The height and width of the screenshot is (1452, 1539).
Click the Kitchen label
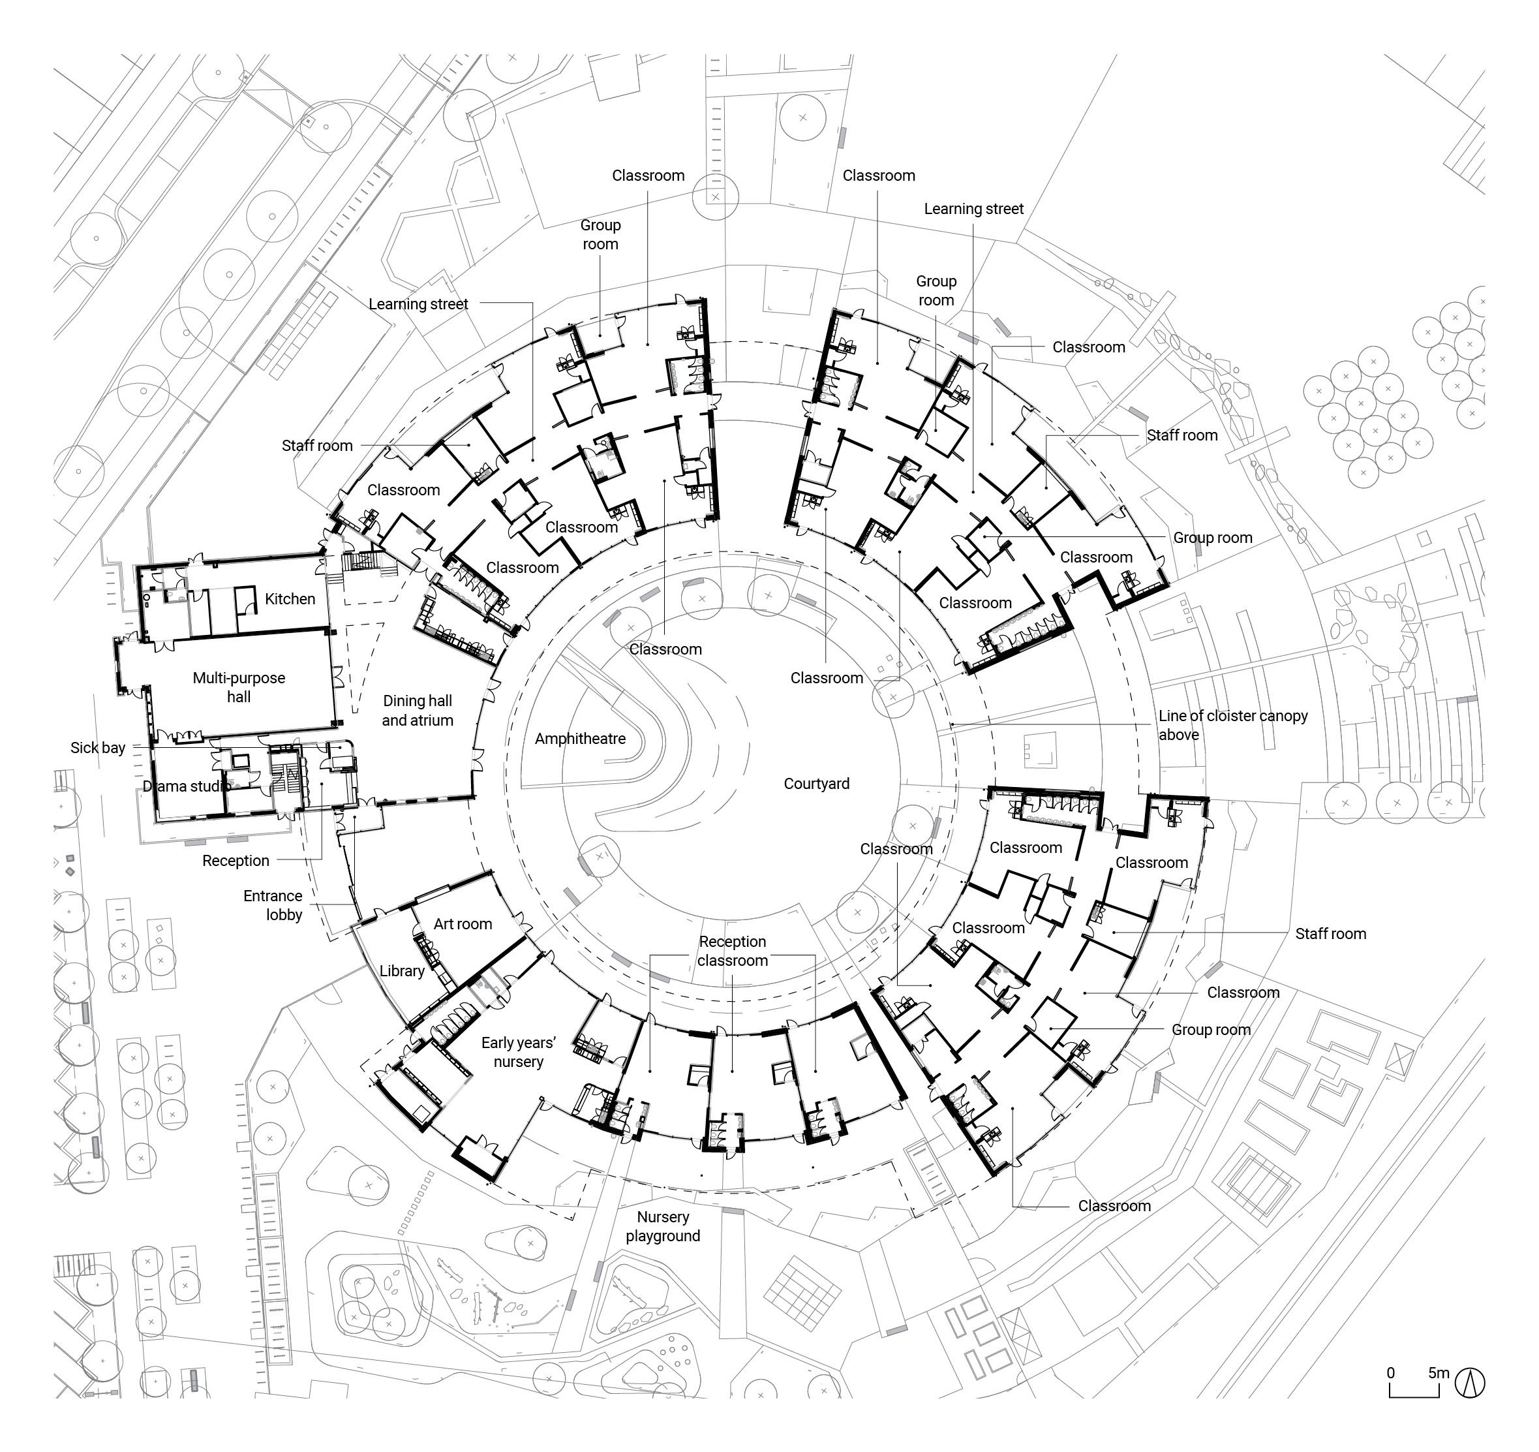[290, 599]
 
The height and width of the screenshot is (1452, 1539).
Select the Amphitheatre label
[580, 739]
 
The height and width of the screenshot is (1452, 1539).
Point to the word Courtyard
[816, 784]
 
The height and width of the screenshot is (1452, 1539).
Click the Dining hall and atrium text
[418, 711]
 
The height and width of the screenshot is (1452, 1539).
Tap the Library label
[401, 971]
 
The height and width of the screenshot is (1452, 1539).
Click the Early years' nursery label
[518, 1053]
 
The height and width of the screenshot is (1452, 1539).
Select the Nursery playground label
[663, 1227]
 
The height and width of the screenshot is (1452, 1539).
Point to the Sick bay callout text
[98, 748]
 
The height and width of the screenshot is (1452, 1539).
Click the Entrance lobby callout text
[273, 905]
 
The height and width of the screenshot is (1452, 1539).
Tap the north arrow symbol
[1469, 1383]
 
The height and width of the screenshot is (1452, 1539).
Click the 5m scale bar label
[1439, 1373]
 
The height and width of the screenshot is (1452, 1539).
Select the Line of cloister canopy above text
[1232, 726]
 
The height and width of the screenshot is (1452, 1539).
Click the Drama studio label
[187, 787]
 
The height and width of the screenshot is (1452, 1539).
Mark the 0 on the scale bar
[1390, 1373]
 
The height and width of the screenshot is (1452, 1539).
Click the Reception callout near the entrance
[236, 861]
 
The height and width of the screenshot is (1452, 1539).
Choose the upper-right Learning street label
[973, 209]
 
